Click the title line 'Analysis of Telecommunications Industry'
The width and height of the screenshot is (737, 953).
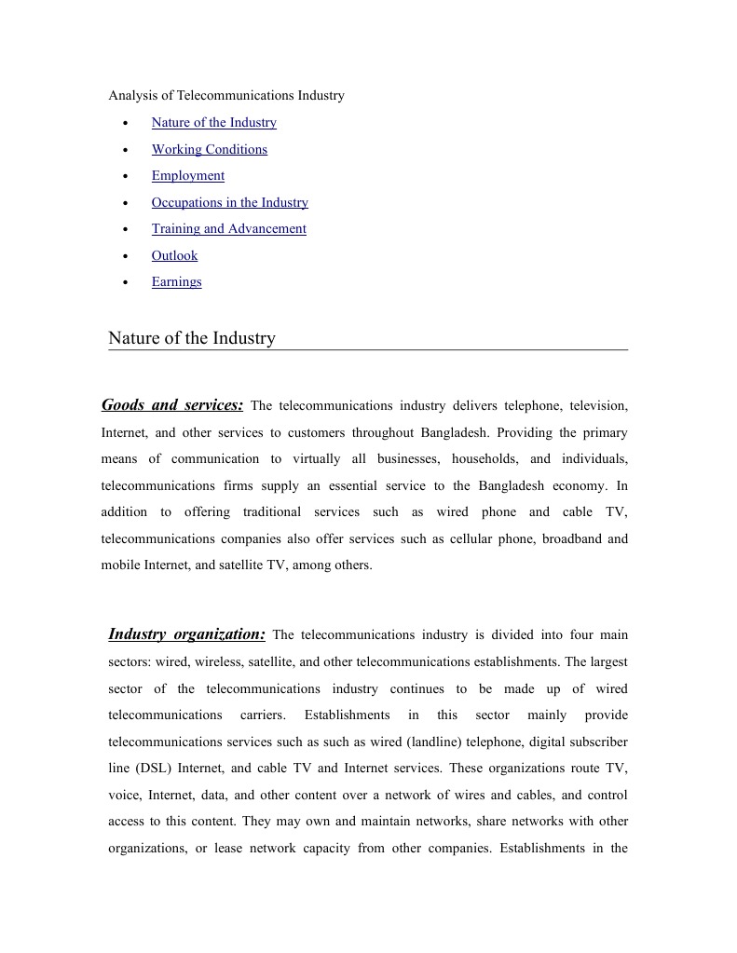pyautogui.click(x=226, y=96)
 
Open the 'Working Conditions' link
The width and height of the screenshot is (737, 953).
pyautogui.click(x=209, y=150)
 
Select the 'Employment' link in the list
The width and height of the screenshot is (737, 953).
pyautogui.click(x=187, y=176)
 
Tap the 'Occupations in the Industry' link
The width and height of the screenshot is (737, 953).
pyautogui.click(x=229, y=203)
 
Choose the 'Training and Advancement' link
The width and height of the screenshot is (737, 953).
pyautogui.click(x=228, y=229)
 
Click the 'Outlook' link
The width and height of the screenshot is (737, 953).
pyautogui.click(x=174, y=256)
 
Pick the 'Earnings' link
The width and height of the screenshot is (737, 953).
pyautogui.click(x=176, y=282)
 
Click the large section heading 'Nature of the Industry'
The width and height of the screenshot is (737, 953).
pyautogui.click(x=192, y=338)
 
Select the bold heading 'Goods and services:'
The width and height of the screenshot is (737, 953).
pyautogui.click(x=172, y=405)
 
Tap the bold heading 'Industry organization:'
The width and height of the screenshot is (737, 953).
pyautogui.click(x=186, y=634)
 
